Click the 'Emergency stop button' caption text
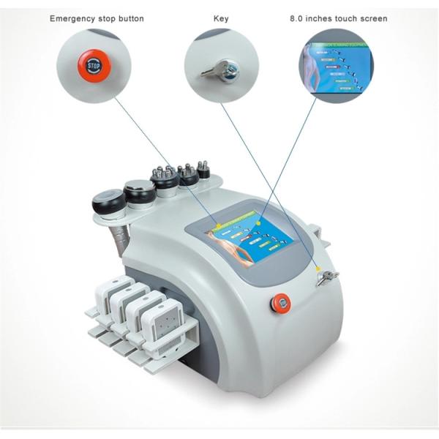pos(97,18)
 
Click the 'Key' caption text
pos(220,18)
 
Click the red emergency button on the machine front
pos(280,301)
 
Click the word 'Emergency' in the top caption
pos(72,18)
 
